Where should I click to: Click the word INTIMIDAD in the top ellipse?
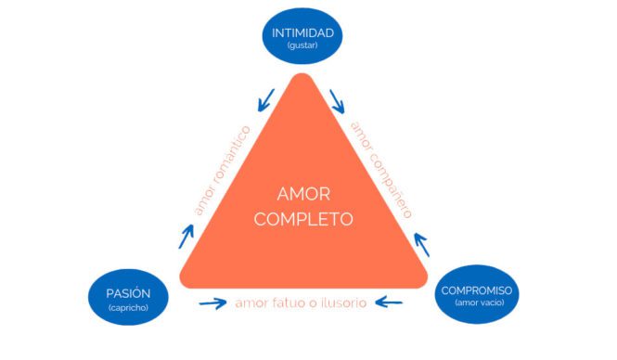coord(302,33)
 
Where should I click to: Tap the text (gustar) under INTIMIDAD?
coord(302,46)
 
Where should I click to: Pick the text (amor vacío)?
coord(477,305)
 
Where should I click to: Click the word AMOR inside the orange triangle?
coord(302,195)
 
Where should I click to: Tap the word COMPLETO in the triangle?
coord(302,221)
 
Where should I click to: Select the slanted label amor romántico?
coord(223,170)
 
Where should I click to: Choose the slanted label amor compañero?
coord(380,169)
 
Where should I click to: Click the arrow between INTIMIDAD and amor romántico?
coord(266,96)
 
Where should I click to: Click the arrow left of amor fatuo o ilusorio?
coord(212,303)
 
